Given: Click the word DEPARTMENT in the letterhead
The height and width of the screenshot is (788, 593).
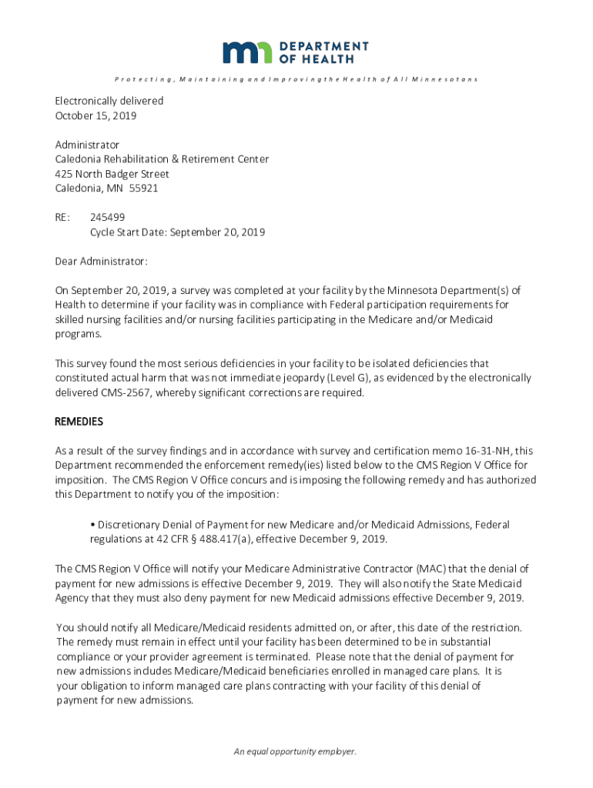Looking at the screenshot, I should tap(324, 46).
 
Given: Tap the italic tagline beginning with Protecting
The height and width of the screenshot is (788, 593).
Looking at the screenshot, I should tap(296, 79).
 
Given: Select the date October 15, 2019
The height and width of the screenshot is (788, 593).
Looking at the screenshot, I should tap(95, 115).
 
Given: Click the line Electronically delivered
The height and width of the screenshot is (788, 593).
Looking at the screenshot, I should tap(109, 101).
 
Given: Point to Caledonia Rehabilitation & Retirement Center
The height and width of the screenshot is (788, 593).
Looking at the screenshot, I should tap(162, 159).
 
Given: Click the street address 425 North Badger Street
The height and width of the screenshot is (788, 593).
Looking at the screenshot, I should tap(112, 174).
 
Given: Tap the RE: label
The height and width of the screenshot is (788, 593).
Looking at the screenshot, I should tap(63, 218).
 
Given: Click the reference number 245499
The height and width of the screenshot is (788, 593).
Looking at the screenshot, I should tap(108, 218).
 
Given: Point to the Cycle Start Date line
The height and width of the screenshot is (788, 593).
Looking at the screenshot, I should tap(177, 232).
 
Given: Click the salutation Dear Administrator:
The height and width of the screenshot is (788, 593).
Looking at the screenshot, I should tap(101, 262).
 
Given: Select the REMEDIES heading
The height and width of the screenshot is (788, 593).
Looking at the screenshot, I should tap(79, 422).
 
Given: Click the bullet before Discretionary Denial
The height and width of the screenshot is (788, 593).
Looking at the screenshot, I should tap(92, 525).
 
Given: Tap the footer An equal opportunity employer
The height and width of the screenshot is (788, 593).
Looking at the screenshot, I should tap(296, 752).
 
